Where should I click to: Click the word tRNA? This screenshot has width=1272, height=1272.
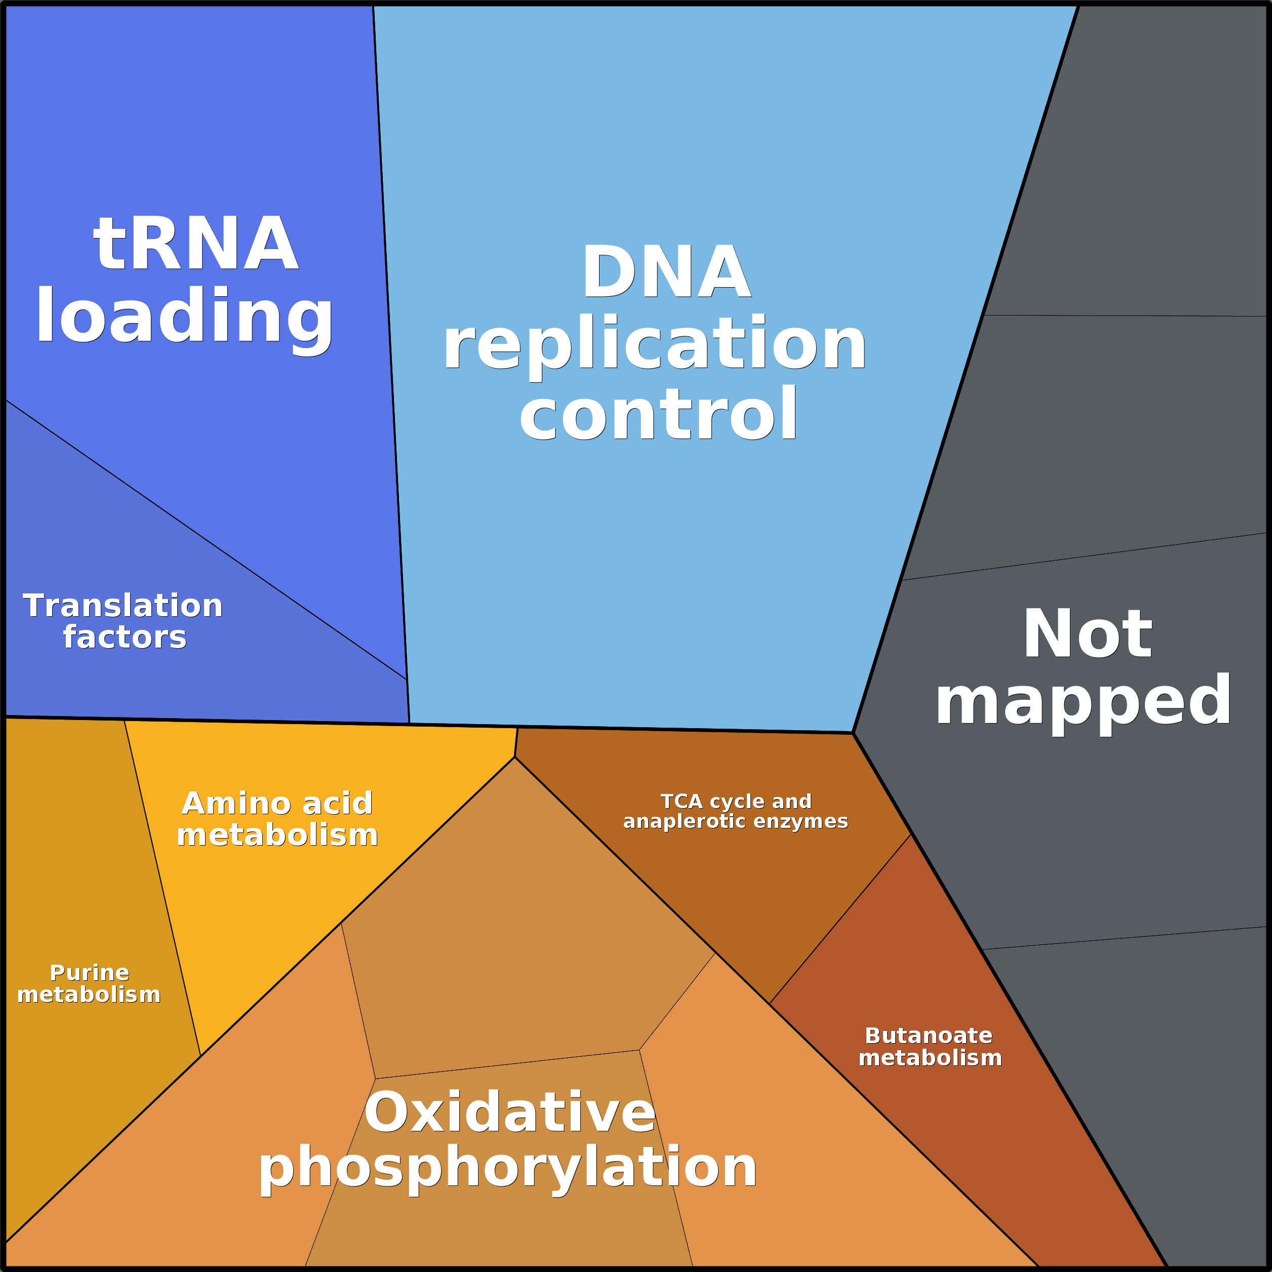[195, 244]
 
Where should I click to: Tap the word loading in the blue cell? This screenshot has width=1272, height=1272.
[184, 316]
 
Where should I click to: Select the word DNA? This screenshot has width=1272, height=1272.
[666, 272]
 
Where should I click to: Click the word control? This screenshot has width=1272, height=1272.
[658, 414]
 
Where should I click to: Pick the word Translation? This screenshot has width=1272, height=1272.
[123, 606]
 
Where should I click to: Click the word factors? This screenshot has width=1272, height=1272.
[125, 638]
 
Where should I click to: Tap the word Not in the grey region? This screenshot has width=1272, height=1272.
[1087, 634]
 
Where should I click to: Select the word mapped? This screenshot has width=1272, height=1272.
[1083, 702]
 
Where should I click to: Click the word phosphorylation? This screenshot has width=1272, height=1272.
[507, 1167]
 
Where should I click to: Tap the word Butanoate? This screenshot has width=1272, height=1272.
[928, 1035]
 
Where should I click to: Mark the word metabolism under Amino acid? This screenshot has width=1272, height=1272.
[277, 835]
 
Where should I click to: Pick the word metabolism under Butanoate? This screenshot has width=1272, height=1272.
[930, 1057]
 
